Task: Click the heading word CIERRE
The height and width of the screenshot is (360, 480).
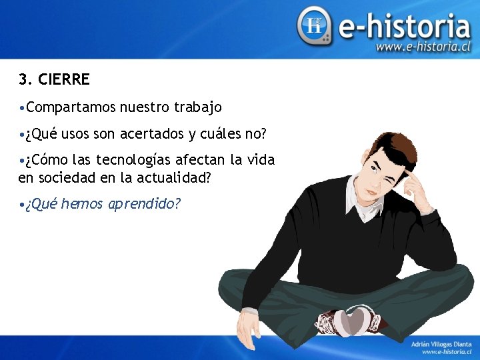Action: click(64, 80)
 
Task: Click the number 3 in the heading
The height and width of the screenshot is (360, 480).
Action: click(23, 80)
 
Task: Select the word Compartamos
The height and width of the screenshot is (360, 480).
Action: click(72, 107)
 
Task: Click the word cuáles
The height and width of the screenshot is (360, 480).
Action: click(221, 134)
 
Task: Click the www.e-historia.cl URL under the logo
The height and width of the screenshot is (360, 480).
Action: click(423, 47)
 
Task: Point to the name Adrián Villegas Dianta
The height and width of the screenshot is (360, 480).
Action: click(441, 343)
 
